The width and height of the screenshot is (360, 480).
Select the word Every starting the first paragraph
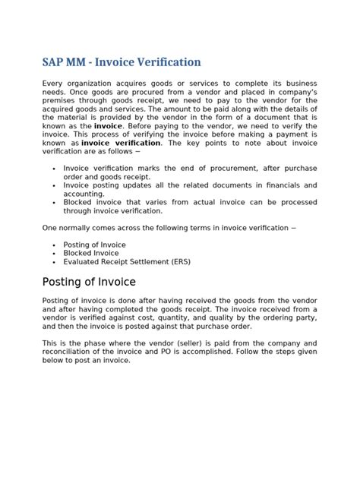[x=55, y=84]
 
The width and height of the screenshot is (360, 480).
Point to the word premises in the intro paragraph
[x=62, y=101]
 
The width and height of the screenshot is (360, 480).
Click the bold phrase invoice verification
[x=121, y=143]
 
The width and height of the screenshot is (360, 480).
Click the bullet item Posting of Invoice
[x=94, y=245]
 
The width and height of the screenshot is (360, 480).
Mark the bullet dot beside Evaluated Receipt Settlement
[x=55, y=262]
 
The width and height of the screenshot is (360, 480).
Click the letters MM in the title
[x=83, y=62]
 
